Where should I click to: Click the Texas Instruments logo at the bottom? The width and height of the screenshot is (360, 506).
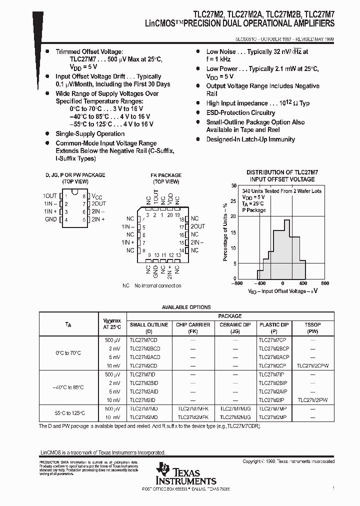point(185,473)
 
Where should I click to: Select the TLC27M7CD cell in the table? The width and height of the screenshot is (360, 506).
point(144,339)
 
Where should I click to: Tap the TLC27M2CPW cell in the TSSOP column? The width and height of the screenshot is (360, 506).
point(312,365)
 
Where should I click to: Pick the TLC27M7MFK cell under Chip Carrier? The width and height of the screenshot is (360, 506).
point(193,408)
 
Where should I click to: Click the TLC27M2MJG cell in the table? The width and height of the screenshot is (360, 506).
point(235,416)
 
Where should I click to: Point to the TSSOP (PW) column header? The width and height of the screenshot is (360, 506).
point(312,327)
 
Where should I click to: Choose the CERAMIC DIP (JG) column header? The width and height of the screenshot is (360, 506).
point(235,327)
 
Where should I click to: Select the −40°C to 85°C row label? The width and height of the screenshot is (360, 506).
point(68,387)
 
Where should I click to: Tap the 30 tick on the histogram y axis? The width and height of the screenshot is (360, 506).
point(233,185)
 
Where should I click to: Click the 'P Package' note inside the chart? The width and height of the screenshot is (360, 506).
point(254,210)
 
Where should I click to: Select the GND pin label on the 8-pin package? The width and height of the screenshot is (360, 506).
point(50,219)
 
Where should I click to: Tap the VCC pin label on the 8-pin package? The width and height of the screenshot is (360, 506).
point(96,196)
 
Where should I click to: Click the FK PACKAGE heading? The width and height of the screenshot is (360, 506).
point(166,175)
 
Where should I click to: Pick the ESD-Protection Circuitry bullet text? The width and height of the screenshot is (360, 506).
point(240,112)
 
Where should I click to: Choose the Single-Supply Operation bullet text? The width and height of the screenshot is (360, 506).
point(90,133)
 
